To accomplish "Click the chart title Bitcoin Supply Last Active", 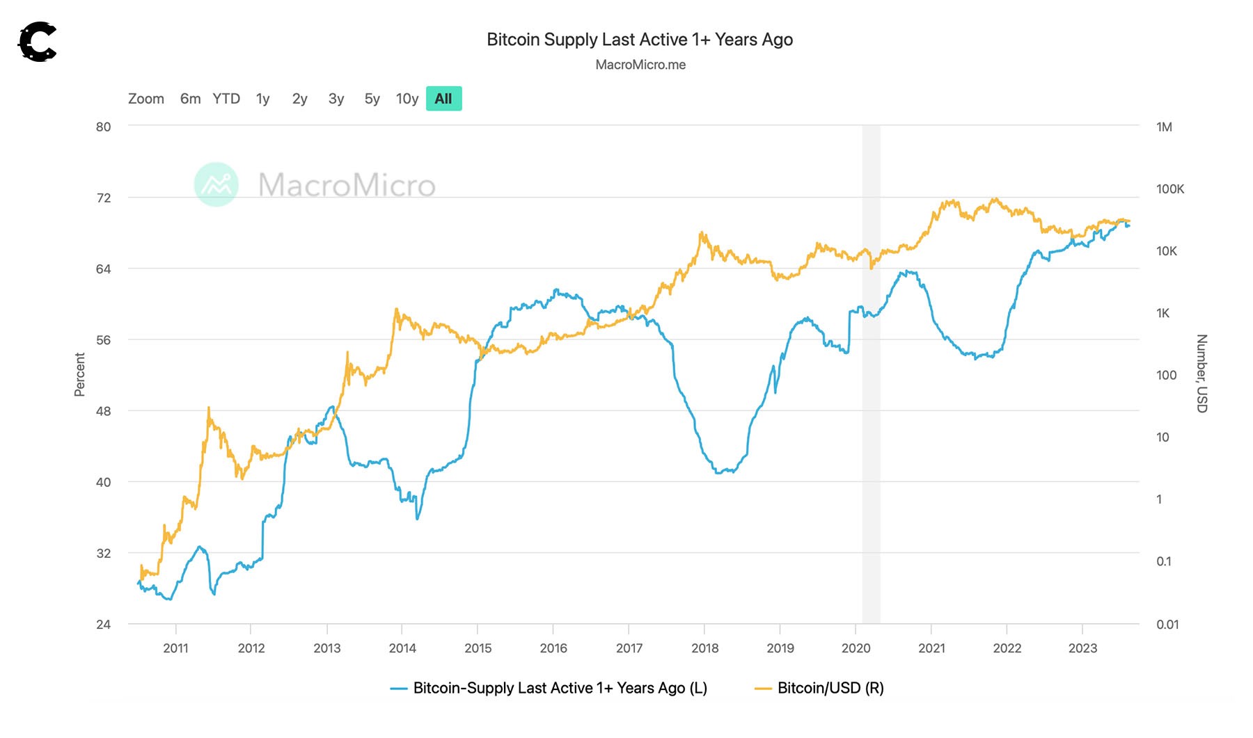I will click(639, 40).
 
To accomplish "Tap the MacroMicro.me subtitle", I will click(640, 65).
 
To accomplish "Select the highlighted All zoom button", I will click(443, 99).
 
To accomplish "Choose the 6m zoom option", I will click(190, 99).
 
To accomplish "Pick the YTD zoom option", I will click(226, 99).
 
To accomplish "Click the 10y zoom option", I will click(407, 99).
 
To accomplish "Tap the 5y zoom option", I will click(372, 99).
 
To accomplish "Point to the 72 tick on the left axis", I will click(104, 198).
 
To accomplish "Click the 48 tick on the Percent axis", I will click(104, 411).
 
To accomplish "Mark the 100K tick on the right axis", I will click(1169, 189).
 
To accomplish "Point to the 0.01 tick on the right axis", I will click(1167, 625).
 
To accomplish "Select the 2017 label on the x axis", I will click(629, 648).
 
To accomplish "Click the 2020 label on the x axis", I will click(856, 648).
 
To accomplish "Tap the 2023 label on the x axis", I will click(1082, 648).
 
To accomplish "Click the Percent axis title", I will click(80, 374).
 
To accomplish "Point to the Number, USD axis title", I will click(1201, 374).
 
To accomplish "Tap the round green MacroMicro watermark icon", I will click(216, 184).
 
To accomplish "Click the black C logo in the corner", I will click(37, 42).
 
